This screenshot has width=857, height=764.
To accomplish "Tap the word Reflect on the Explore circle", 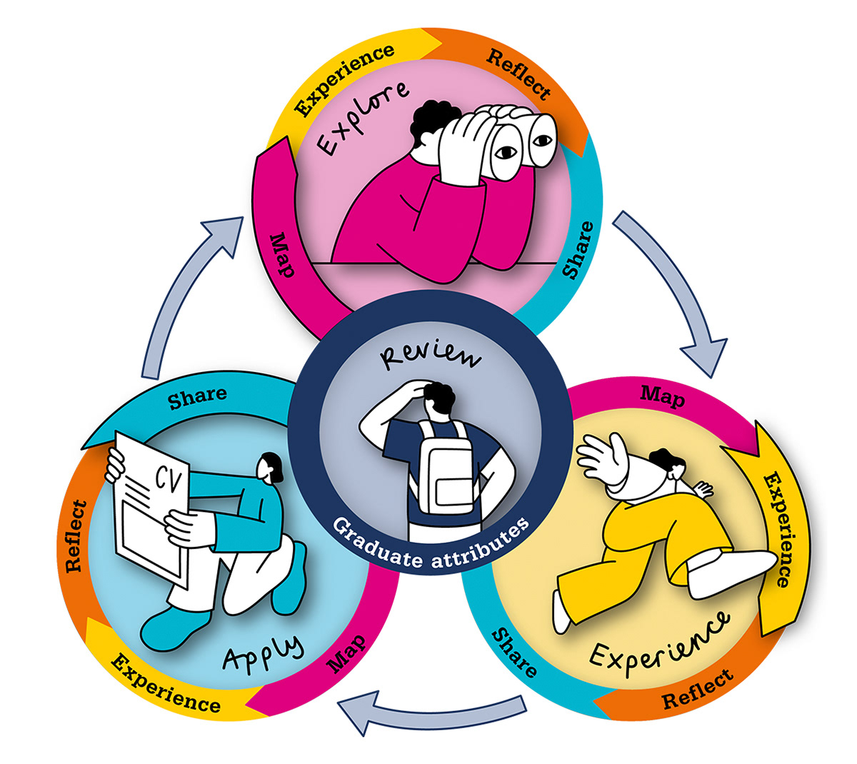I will coord(519,75).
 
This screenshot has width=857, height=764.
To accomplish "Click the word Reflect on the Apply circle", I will coord(75,536).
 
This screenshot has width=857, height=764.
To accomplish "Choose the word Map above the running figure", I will coord(662,396).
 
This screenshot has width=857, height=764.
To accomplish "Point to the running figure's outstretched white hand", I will coord(601,456).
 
